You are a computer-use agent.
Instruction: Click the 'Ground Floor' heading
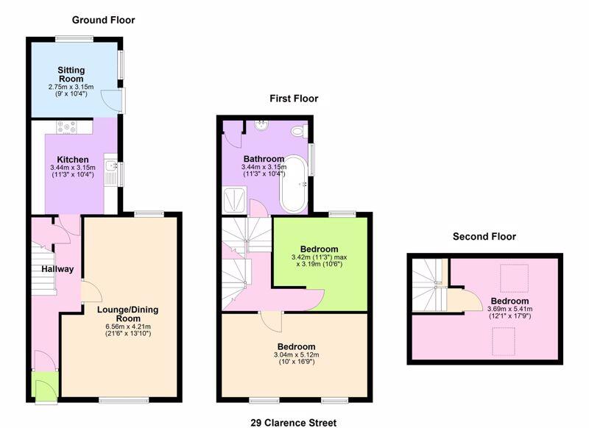click(103, 20)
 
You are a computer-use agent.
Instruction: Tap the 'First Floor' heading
click(293, 98)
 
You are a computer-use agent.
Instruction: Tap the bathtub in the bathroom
click(294, 181)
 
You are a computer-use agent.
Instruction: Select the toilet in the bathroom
click(298, 132)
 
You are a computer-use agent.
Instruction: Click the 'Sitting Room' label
click(71, 75)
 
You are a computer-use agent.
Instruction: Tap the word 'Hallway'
click(57, 269)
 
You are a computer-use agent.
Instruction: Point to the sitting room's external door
click(114, 99)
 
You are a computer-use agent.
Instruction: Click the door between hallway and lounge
click(90, 292)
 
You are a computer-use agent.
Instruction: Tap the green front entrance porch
click(44, 386)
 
